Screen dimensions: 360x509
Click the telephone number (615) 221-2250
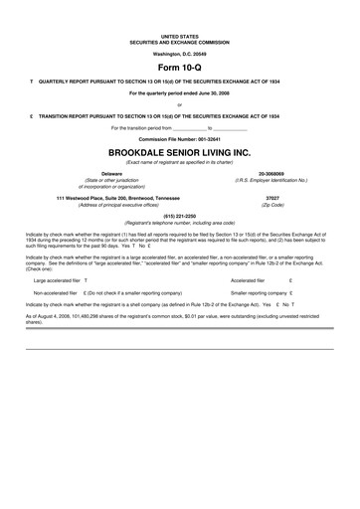(x=179, y=217)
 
